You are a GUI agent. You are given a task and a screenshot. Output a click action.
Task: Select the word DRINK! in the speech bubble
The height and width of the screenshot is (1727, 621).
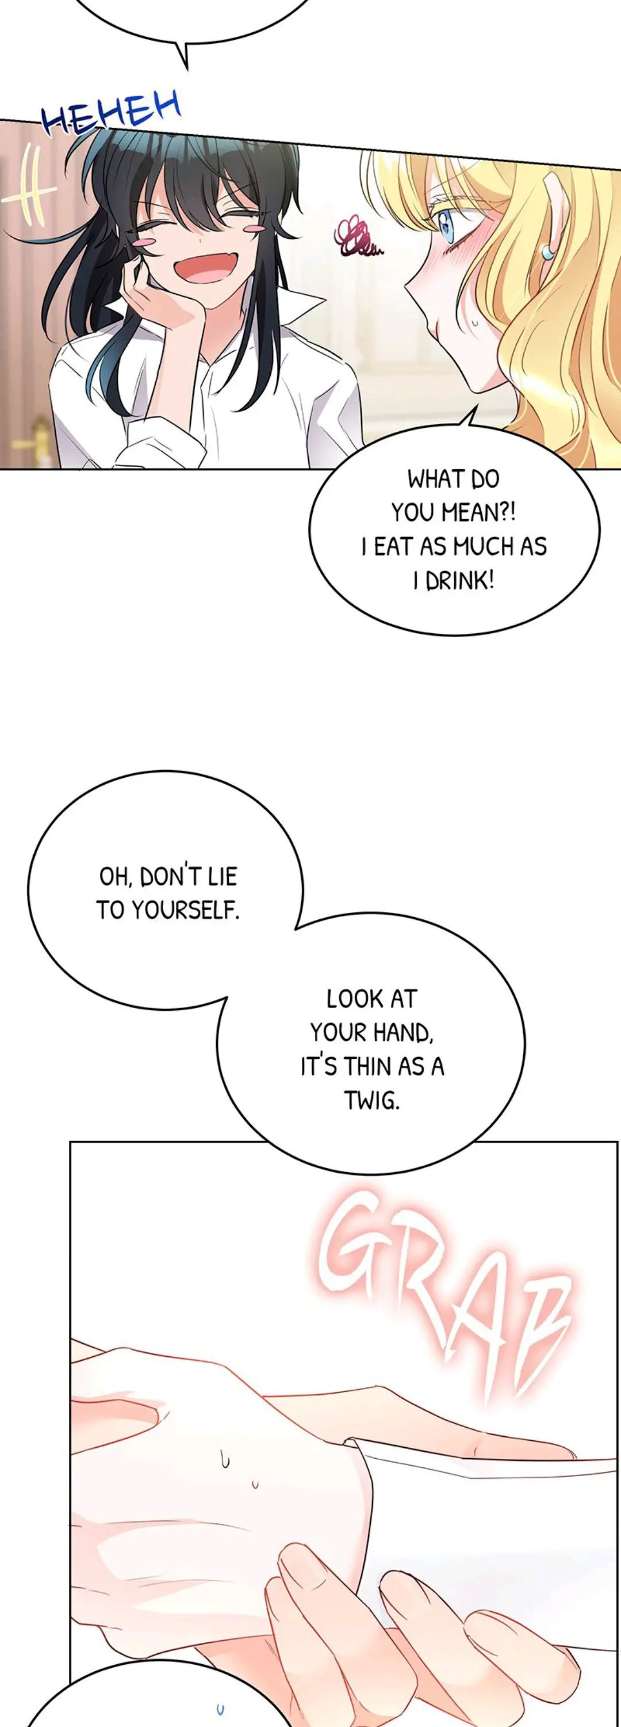pyautogui.click(x=459, y=580)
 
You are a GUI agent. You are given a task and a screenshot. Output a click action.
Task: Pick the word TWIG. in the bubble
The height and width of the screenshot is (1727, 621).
pyautogui.click(x=372, y=1100)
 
